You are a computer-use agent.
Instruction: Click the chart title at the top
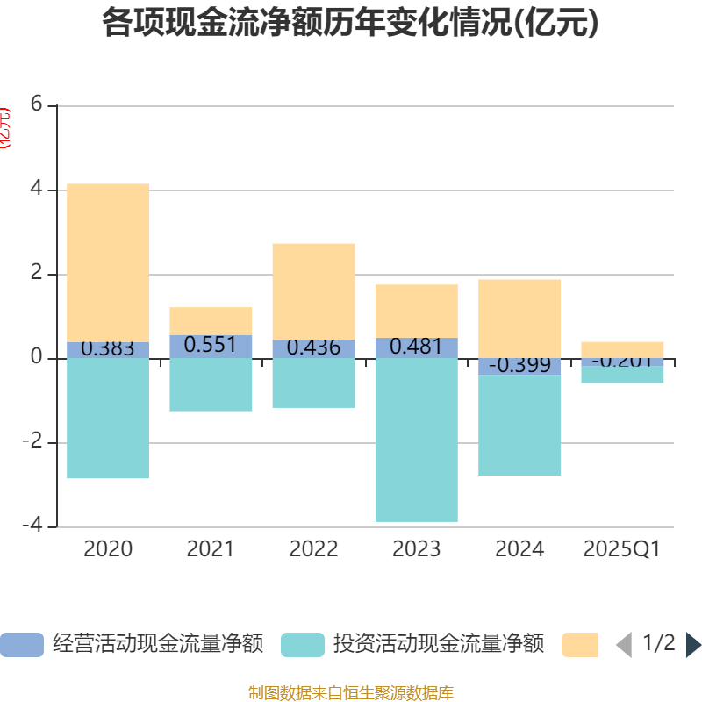click(x=350, y=22)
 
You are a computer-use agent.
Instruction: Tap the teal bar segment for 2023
click(x=416, y=440)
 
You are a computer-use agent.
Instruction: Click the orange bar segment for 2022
click(x=313, y=290)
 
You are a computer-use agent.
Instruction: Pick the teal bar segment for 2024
click(x=519, y=426)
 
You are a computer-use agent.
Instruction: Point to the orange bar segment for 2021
click(x=211, y=320)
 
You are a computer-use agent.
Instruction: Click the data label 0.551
click(x=211, y=345)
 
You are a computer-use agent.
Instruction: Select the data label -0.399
click(x=519, y=365)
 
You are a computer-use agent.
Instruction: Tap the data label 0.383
click(x=108, y=349)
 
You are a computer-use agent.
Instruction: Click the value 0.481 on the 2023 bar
click(x=416, y=347)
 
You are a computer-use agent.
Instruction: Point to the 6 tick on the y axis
click(x=36, y=104)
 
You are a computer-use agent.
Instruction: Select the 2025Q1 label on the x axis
click(x=622, y=549)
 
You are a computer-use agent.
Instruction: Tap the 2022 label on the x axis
click(x=313, y=549)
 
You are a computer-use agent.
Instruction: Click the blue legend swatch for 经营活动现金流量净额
click(x=21, y=645)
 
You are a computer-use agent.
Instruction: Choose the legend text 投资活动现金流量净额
click(x=439, y=645)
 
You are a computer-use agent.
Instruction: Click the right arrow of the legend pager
click(x=693, y=645)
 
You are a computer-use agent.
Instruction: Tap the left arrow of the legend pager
click(x=624, y=645)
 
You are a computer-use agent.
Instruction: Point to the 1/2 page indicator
click(x=659, y=643)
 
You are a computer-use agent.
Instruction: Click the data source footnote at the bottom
click(x=350, y=693)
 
